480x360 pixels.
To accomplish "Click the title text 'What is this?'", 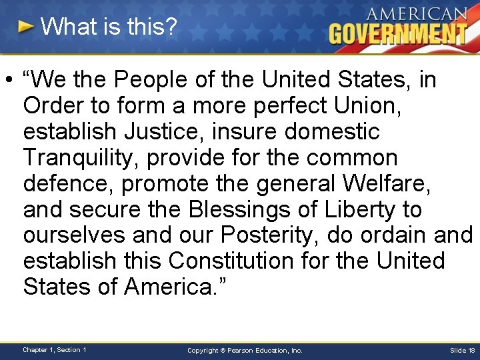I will (x=109, y=27).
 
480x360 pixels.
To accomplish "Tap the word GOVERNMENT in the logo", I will (x=397, y=33).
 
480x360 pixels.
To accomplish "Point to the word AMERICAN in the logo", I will (x=414, y=14).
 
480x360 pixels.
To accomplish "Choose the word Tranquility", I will (x=80, y=158).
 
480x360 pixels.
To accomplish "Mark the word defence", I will (x=65, y=183).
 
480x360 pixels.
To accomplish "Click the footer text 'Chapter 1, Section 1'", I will (x=54, y=349).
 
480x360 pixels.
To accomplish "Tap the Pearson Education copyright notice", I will (x=245, y=350).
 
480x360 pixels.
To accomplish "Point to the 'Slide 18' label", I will (x=463, y=350).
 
